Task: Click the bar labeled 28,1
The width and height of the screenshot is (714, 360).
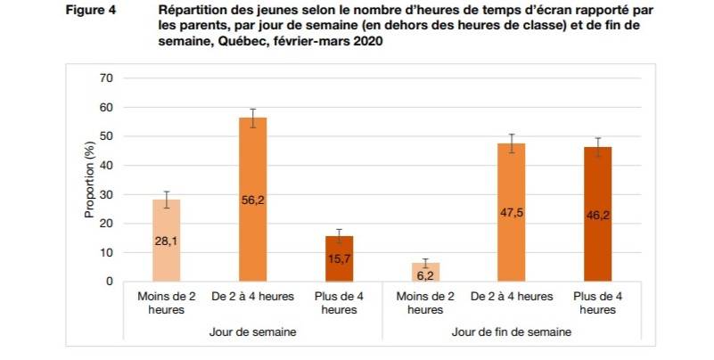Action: click(x=167, y=241)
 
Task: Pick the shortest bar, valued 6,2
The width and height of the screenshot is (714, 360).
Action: click(x=424, y=272)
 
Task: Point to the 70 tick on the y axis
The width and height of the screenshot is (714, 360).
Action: click(x=106, y=78)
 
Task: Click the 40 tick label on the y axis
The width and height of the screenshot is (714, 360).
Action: click(x=106, y=166)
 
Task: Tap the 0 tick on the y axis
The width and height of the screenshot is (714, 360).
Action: click(x=110, y=282)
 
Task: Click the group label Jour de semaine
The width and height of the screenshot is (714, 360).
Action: click(x=252, y=331)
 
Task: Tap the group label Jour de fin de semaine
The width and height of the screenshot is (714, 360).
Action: click(x=511, y=331)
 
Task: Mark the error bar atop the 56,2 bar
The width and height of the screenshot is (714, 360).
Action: click(x=252, y=118)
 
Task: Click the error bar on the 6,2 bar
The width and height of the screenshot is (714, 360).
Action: click(x=424, y=263)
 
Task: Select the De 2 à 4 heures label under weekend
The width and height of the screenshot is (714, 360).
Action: click(x=511, y=296)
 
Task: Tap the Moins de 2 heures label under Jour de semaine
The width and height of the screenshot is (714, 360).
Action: click(x=167, y=302)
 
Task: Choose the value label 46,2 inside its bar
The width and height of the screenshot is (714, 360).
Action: click(x=596, y=215)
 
